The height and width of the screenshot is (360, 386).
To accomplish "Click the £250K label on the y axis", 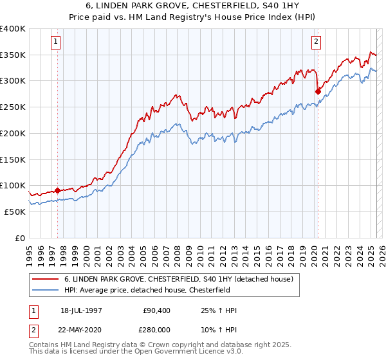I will (14, 107).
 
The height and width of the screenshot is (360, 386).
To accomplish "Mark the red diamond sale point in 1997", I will (57, 190).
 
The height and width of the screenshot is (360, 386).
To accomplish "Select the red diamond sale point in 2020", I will (318, 91).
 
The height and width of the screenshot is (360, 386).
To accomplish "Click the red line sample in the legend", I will (45, 279).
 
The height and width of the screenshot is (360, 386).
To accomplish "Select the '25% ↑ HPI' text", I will (219, 311).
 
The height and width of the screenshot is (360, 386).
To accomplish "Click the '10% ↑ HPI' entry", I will (219, 329).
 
